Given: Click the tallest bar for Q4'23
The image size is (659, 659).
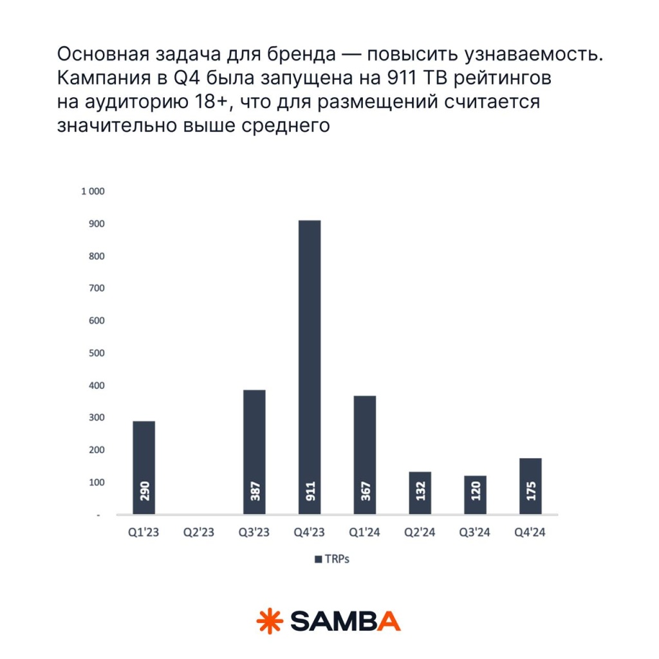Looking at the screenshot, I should point(310,367).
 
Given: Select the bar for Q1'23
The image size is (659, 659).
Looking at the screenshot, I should point(144,467).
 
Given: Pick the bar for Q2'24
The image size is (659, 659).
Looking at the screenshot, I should point(420,492).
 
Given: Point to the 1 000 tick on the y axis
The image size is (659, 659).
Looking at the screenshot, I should point(92,192).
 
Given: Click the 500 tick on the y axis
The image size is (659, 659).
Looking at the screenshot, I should point(95,353).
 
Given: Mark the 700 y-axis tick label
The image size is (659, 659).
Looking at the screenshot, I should point(95,289).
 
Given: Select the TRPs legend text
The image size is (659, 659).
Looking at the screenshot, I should point(337,559).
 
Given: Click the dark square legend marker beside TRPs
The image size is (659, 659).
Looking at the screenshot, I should point(318,560).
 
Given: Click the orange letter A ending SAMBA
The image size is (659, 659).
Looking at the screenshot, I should point(388,621).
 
